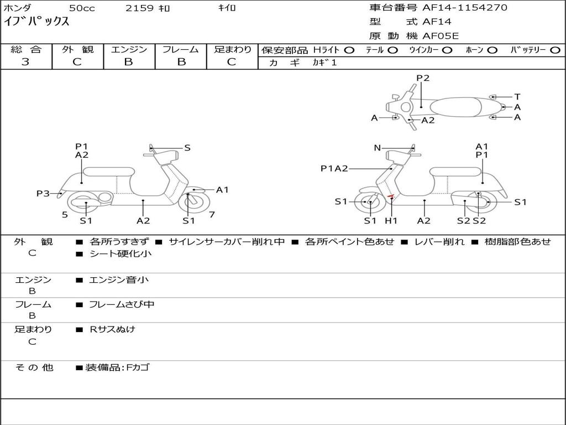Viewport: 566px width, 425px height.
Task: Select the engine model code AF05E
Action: coord(441,36)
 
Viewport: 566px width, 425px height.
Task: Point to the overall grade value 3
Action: coord(25,62)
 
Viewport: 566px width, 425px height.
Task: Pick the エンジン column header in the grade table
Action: coord(129,49)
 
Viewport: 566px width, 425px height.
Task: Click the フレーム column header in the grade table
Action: coord(180,49)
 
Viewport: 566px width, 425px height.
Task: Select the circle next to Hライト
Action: coord(349,50)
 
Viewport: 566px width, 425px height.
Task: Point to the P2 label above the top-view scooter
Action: coord(423,78)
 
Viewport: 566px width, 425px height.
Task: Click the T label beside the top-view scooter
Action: coord(517,97)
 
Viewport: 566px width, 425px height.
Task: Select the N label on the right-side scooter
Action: coord(378,148)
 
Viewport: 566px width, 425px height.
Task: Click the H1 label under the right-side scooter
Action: coord(391,221)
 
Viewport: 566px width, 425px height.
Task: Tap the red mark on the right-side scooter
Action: coord(391,196)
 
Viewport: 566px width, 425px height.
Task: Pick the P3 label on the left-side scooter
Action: coord(43,193)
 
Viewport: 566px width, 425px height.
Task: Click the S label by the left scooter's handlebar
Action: coord(187,148)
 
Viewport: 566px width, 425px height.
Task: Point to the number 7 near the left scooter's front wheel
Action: coord(212,214)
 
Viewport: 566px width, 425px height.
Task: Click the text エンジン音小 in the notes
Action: coord(119,280)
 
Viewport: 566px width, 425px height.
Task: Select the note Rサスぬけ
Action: coord(113,329)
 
